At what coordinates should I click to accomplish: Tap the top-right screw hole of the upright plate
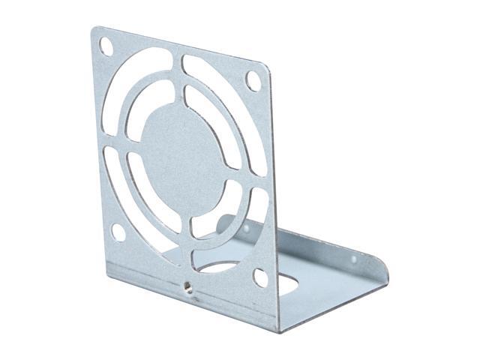[253, 79]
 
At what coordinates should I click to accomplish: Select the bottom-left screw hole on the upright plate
[118, 232]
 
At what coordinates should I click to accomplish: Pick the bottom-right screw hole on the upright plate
[259, 277]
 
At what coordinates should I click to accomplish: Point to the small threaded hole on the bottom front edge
[185, 287]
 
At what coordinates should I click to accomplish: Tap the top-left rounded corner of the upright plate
[95, 31]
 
